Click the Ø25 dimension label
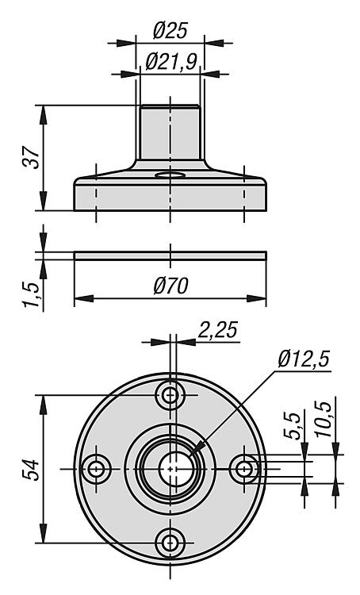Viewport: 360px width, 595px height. click(x=170, y=31)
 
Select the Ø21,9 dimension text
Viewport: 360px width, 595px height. click(x=171, y=61)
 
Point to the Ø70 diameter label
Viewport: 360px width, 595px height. click(x=170, y=285)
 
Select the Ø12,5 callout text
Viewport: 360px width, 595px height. click(x=304, y=359)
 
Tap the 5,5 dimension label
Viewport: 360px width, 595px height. click(x=293, y=425)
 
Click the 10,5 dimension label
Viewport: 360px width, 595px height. click(x=324, y=420)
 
